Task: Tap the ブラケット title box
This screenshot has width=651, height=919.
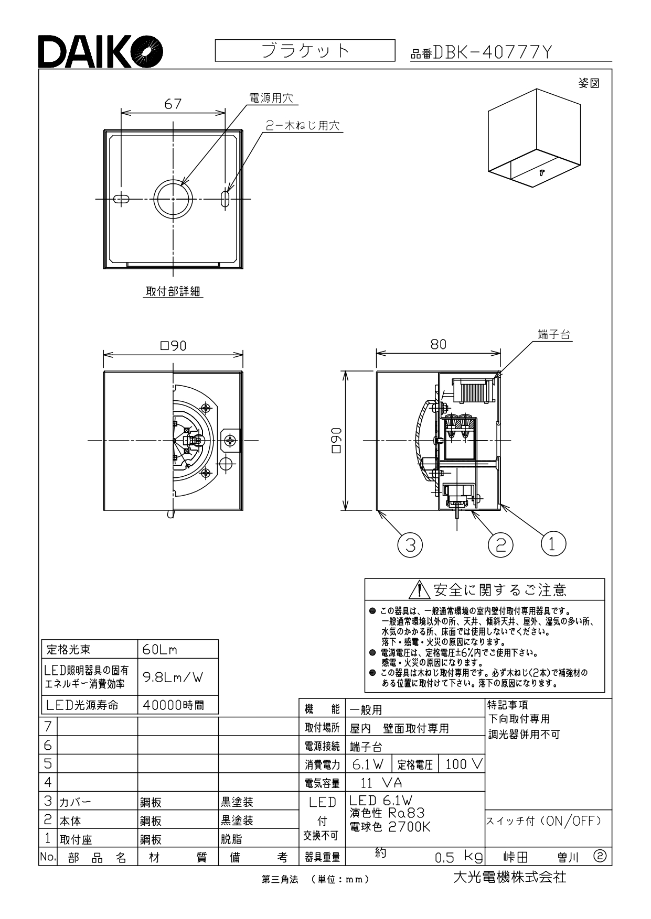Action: pyautogui.click(x=305, y=50)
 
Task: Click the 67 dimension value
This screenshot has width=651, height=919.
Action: pyautogui.click(x=173, y=104)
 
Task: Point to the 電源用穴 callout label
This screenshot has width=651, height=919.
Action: pyautogui.click(x=271, y=98)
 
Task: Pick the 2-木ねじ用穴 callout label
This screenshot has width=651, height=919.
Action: pyautogui.click(x=303, y=126)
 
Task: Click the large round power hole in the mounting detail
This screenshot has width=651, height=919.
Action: pyautogui.click(x=174, y=199)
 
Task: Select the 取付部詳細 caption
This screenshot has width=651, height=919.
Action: pyautogui.click(x=173, y=292)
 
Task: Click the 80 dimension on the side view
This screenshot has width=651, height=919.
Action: pyautogui.click(x=438, y=344)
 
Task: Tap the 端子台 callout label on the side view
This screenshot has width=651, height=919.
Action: pyautogui.click(x=554, y=335)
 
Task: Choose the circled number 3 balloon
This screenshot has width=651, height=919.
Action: pyautogui.click(x=410, y=545)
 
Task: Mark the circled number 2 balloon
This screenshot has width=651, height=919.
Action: pyautogui.click(x=500, y=545)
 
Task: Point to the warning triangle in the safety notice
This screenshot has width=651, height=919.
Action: pyautogui.click(x=420, y=590)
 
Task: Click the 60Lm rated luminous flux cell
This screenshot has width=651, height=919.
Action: pyautogui.click(x=178, y=650)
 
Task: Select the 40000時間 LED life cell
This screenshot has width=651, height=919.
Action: pyautogui.click(x=178, y=705)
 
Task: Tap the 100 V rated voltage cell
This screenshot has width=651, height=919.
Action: pyautogui.click(x=462, y=764)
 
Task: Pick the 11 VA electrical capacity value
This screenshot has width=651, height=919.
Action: pyautogui.click(x=381, y=783)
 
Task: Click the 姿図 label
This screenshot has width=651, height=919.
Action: pyautogui.click(x=589, y=83)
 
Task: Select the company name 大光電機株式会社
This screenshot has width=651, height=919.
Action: pyautogui.click(x=509, y=877)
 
